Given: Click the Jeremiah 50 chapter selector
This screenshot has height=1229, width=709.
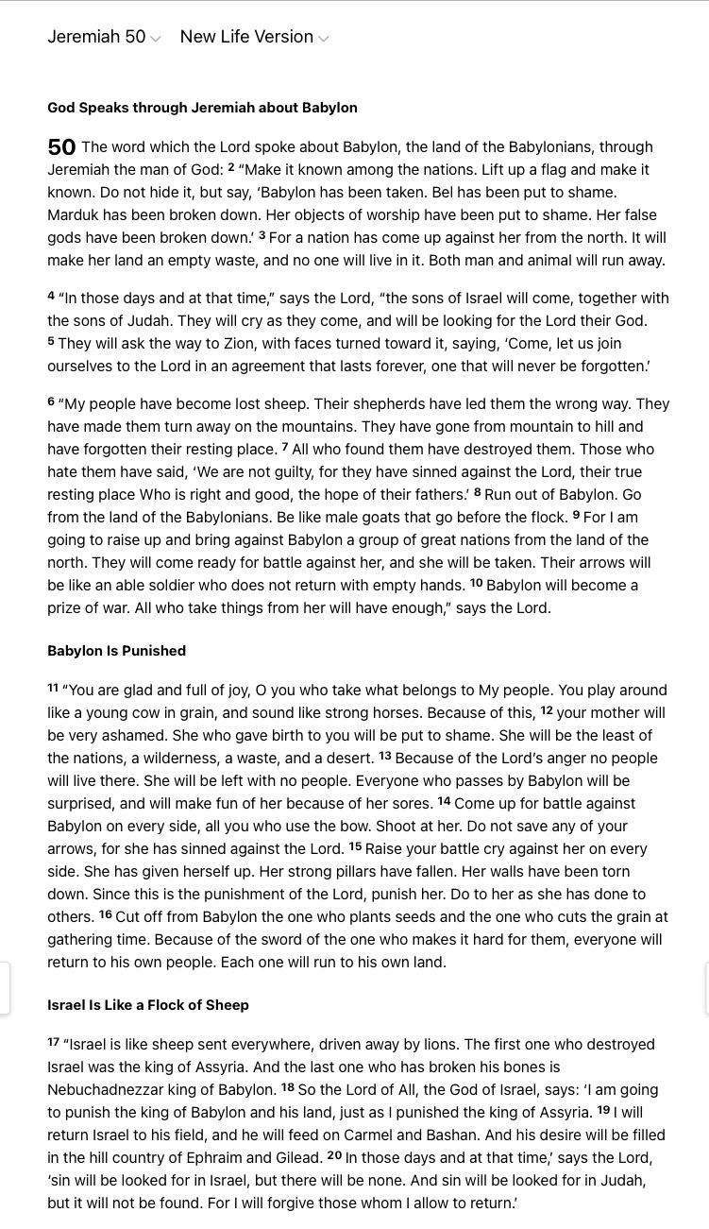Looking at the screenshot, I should pyautogui.click(x=104, y=37).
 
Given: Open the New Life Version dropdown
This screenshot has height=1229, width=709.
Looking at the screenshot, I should pyautogui.click(x=253, y=37).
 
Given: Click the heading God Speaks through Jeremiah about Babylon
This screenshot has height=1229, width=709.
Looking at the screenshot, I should pyautogui.click(x=202, y=108).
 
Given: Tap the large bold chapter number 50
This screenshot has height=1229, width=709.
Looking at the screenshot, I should pyautogui.click(x=61, y=147).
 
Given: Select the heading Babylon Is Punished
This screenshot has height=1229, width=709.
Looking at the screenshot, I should pyautogui.click(x=116, y=651).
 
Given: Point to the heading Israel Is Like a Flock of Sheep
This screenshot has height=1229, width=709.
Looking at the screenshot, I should pyautogui.click(x=148, y=1005).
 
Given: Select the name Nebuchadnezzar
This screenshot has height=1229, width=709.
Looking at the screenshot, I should pyautogui.click(x=104, y=1090).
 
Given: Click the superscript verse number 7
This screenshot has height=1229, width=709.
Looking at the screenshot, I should pyautogui.click(x=285, y=447).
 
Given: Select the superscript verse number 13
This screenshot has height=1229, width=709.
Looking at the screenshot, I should pyautogui.click(x=385, y=756).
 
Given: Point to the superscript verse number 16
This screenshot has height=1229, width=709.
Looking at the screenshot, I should pyautogui.click(x=106, y=914).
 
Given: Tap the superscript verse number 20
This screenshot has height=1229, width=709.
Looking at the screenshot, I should pyautogui.click(x=334, y=1155).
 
